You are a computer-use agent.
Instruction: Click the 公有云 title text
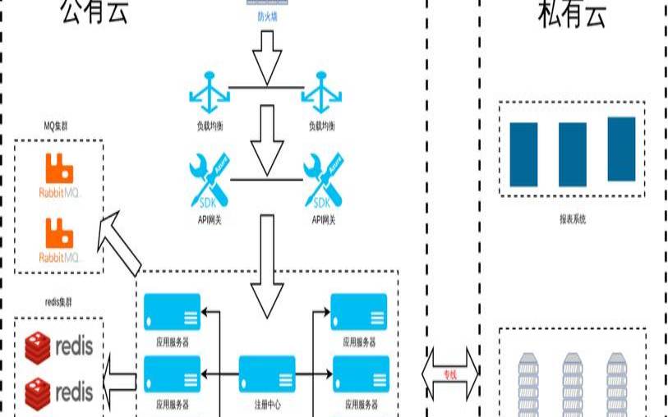click(94, 12)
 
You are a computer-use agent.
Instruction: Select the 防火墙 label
click(267, 16)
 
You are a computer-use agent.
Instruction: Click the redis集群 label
click(59, 302)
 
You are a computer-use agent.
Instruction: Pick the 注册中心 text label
click(267, 405)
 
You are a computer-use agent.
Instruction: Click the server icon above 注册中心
click(267, 373)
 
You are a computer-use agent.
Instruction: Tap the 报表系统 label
click(572, 219)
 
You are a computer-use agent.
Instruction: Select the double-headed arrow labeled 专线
click(449, 373)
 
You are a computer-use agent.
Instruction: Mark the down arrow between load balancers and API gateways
click(266, 135)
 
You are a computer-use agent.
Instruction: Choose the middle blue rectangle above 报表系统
click(572, 154)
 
